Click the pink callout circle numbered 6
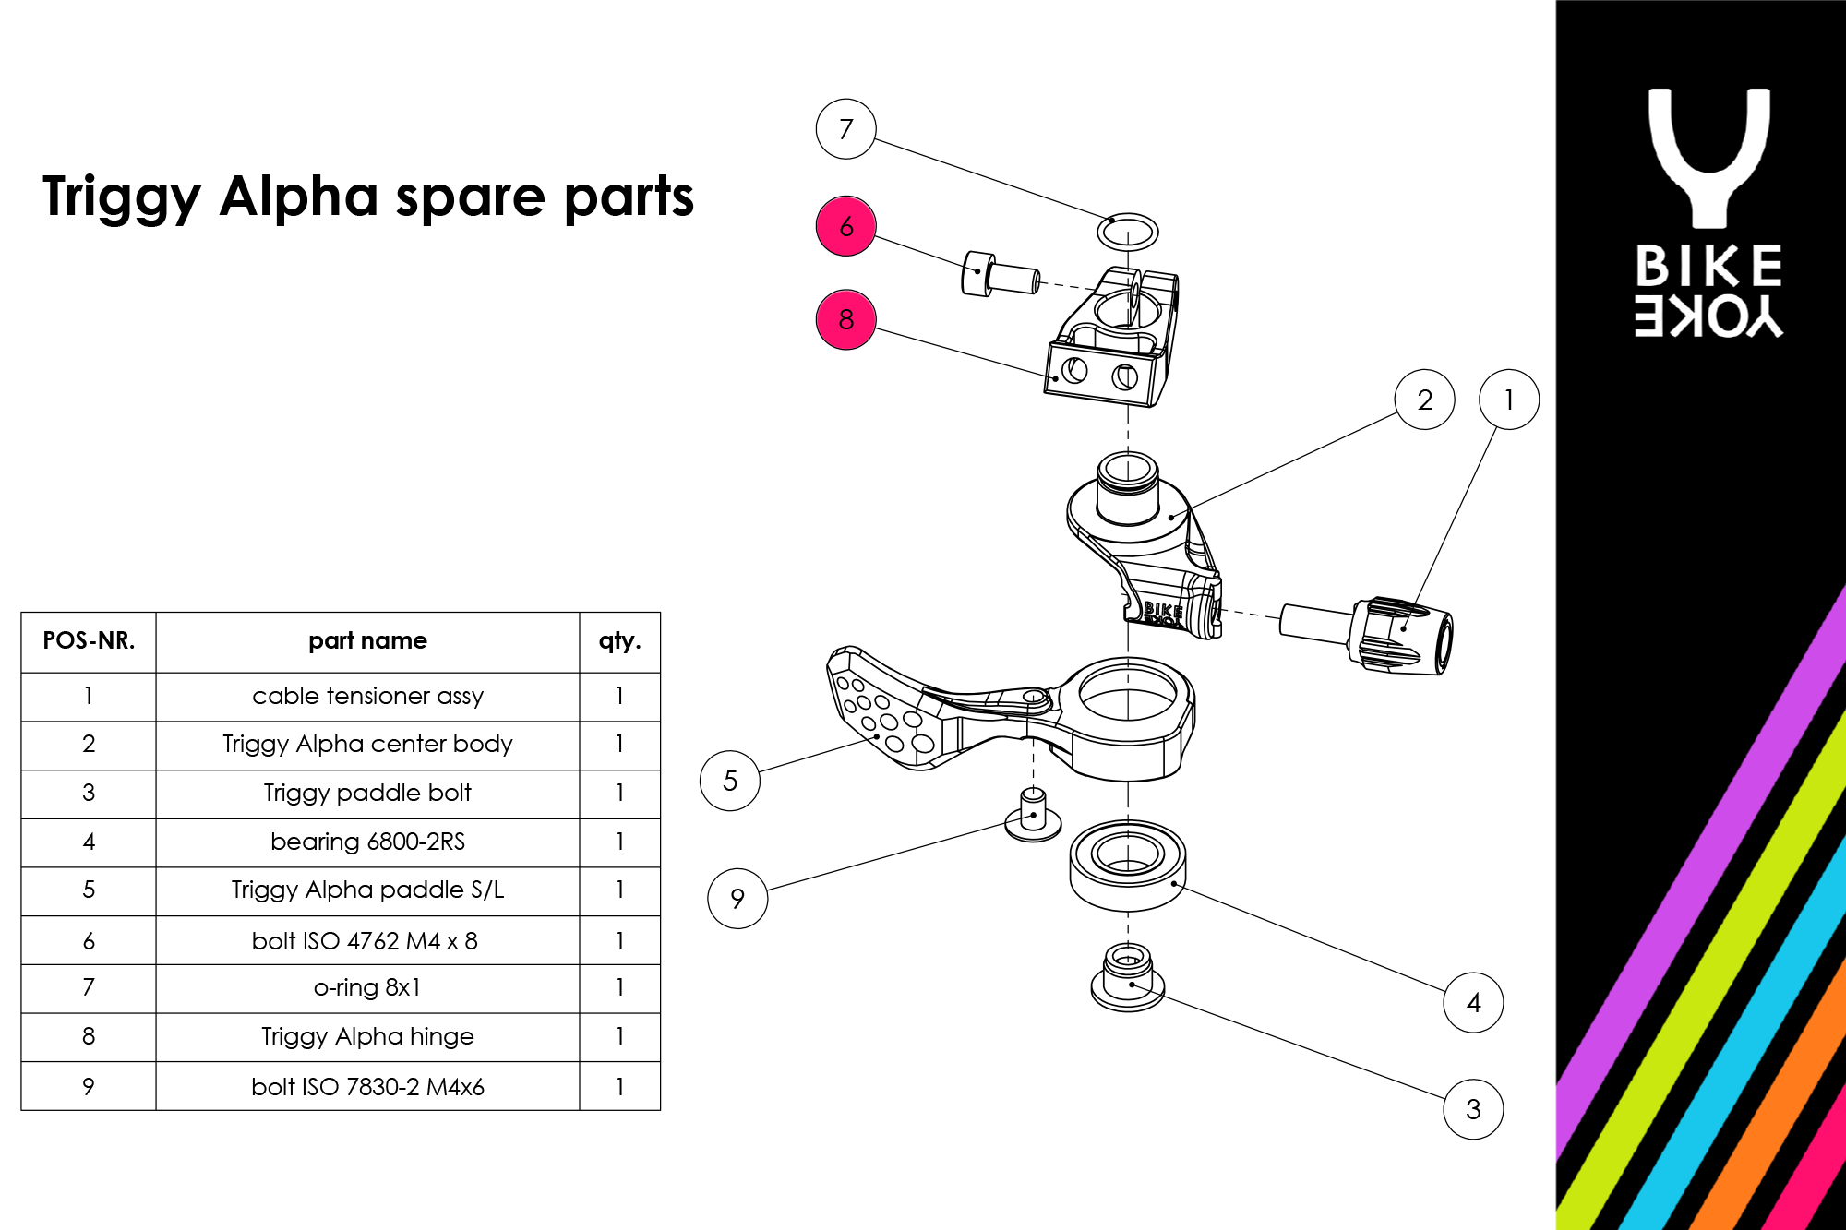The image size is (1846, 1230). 845,226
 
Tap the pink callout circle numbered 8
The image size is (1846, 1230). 845,319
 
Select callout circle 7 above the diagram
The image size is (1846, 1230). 845,129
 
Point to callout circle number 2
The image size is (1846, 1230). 1424,400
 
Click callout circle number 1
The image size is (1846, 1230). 1509,400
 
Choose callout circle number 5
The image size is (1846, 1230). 730,781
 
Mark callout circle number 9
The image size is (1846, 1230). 737,898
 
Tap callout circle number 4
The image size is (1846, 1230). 1473,1002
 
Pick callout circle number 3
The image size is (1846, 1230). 1473,1109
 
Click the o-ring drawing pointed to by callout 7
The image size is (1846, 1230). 1128,232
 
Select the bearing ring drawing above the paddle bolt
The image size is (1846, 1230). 1128,864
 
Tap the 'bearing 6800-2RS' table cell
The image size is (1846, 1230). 367,842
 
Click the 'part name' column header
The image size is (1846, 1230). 367,641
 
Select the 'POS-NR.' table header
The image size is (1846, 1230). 89,641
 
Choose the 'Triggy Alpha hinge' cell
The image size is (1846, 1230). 367,1036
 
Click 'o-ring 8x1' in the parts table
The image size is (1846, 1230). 367,987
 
